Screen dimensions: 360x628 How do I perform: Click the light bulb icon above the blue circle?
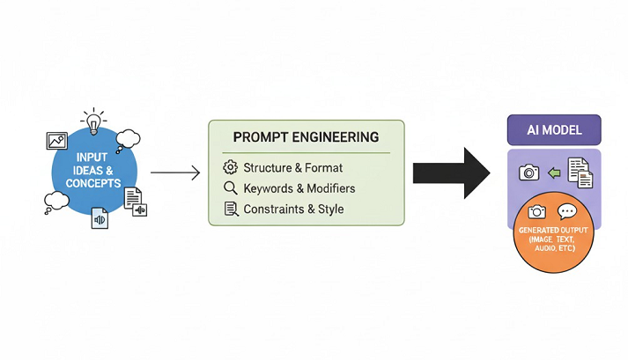click(x=92, y=121)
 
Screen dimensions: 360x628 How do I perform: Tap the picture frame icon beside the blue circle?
click(x=57, y=140)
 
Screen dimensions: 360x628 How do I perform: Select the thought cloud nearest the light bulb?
click(x=129, y=138)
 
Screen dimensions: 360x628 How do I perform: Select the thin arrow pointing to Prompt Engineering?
click(x=175, y=173)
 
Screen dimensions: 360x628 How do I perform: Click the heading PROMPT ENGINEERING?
click(x=306, y=138)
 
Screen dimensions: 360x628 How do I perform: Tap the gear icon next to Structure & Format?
click(x=231, y=167)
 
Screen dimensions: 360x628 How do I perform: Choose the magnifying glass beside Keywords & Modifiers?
click(x=231, y=188)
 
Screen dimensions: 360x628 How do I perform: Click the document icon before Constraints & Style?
click(x=231, y=209)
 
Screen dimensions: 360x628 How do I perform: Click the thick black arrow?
click(x=452, y=173)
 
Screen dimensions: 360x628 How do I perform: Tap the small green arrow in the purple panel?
click(x=554, y=173)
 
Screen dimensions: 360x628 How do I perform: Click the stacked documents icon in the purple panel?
click(x=579, y=172)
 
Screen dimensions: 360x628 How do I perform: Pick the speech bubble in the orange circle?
click(x=567, y=211)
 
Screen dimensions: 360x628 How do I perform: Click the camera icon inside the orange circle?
click(x=537, y=212)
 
